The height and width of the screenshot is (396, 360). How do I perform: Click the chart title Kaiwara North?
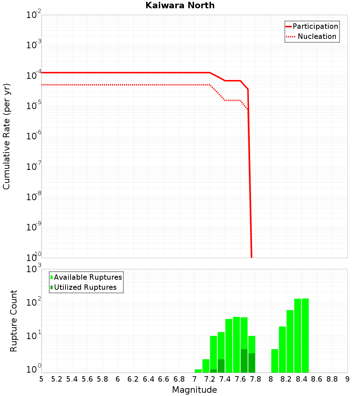(x=180, y=5)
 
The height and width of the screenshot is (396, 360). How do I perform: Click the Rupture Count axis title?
(x=14, y=321)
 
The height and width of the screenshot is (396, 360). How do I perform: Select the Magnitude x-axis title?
(x=194, y=390)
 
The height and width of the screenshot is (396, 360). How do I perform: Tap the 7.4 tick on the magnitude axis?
(x=225, y=379)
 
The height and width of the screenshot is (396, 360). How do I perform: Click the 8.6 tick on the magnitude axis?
(x=317, y=379)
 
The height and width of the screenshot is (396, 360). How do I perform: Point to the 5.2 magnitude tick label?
(x=57, y=379)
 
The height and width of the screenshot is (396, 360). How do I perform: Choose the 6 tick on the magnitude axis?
(x=118, y=379)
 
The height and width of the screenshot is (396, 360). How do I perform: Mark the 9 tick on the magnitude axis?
(x=347, y=379)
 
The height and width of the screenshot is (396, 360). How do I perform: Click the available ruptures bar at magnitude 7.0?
(x=198, y=371)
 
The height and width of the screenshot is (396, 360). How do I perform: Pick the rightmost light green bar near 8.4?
(x=305, y=335)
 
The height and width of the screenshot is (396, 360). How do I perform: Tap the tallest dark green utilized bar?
(x=244, y=361)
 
